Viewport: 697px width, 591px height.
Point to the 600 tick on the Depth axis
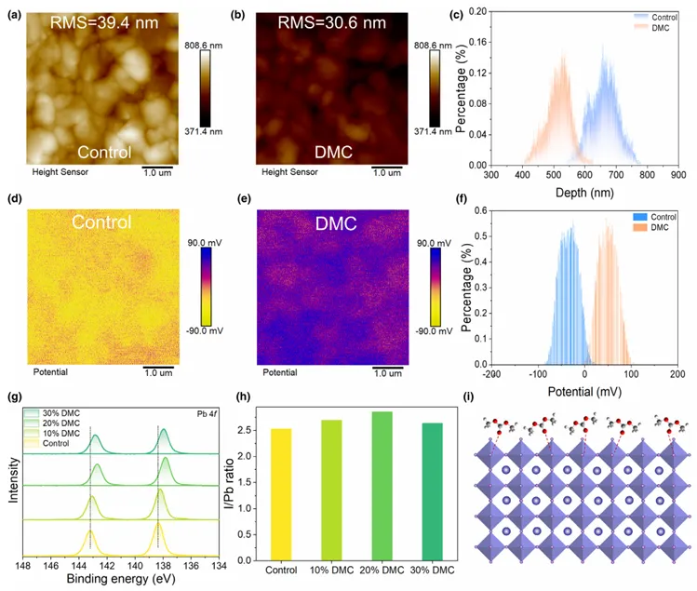pyautogui.click(x=584, y=174)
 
